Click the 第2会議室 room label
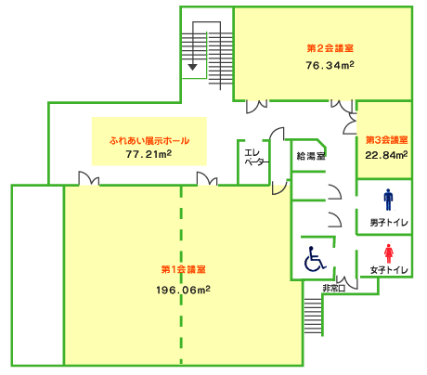(330, 48)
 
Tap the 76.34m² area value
(330, 65)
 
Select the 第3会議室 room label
(387, 140)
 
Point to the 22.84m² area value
(386, 155)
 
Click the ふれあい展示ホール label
(149, 141)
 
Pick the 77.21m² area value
(149, 154)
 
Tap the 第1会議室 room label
(184, 269)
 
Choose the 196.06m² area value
(183, 290)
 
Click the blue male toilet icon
(388, 200)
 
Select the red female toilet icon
(389, 253)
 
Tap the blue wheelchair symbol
(315, 259)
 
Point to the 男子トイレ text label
(389, 223)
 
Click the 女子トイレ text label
(389, 270)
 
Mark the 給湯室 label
(311, 156)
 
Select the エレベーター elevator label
(256, 158)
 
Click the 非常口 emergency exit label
(333, 289)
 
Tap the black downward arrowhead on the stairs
(192, 67)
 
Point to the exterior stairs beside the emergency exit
(314, 316)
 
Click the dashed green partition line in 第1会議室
(181, 276)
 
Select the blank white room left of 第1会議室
(38, 276)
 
